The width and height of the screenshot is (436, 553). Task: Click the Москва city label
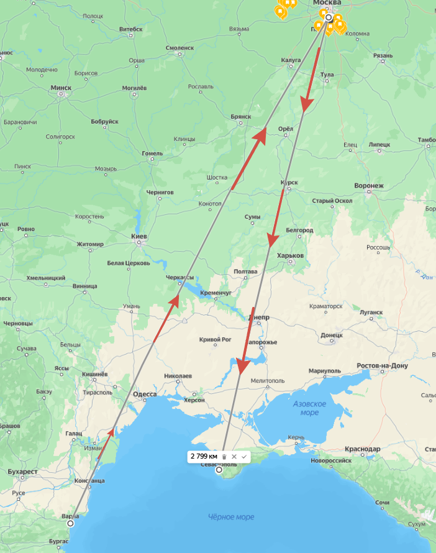coord(327,3)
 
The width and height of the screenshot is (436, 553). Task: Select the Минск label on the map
coord(61,88)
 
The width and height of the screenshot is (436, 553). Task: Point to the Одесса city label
coord(145,394)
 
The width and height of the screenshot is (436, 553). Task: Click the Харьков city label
coord(290,255)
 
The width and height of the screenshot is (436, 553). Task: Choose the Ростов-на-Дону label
coord(383,366)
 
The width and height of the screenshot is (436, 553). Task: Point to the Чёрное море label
coord(230,517)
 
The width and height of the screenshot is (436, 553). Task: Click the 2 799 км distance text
coord(204,456)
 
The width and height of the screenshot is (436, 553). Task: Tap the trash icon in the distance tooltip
coord(224,457)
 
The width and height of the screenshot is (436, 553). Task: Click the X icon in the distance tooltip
coord(234,457)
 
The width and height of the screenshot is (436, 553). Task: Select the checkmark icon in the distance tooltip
coord(244,457)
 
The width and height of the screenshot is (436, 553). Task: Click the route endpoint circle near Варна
coord(70,523)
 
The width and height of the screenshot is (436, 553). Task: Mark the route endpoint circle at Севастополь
coord(219,470)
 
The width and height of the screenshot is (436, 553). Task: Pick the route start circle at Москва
coord(329,17)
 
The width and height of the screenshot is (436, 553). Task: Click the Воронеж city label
coord(369,185)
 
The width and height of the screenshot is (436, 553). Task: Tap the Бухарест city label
coord(23,472)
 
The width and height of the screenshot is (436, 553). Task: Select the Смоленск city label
coord(179,48)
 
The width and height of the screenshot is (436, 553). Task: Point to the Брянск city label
coord(240,116)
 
